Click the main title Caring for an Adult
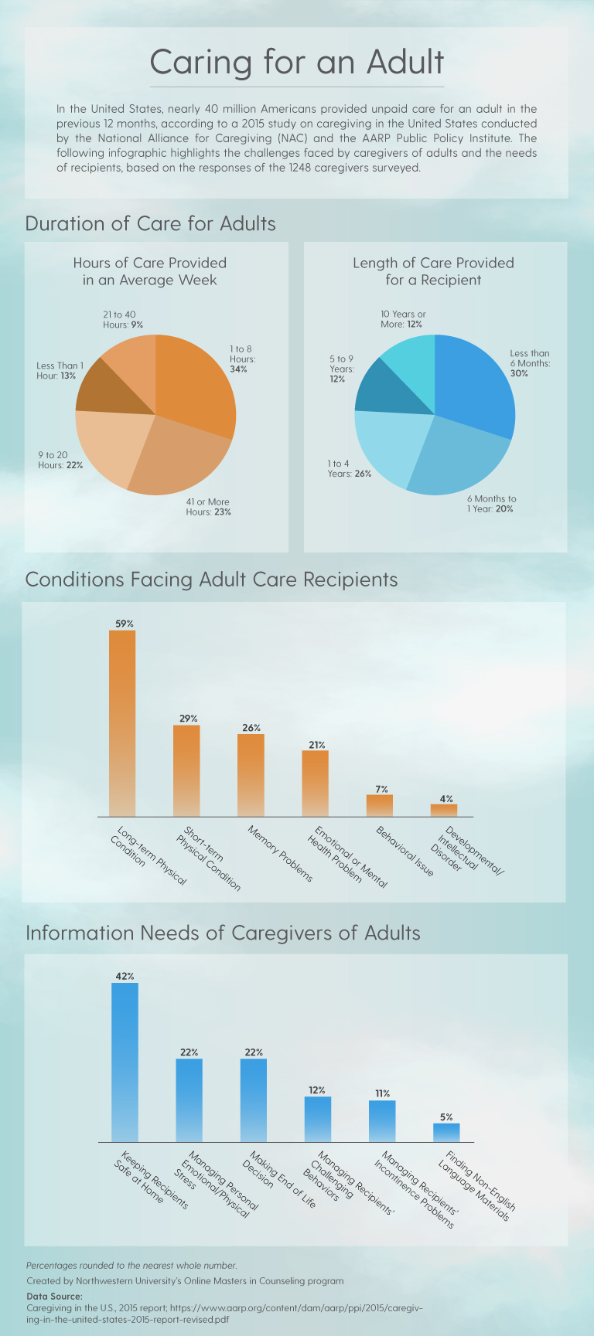point(297,62)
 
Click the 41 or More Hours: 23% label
point(208,507)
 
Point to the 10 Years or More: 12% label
point(402,319)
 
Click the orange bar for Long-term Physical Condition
point(122,723)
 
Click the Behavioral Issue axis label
point(405,851)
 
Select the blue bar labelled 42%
point(125,1062)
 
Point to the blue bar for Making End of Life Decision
point(254,1100)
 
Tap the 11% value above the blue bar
point(382,1093)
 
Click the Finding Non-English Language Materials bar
point(446,1133)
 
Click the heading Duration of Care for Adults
point(151,224)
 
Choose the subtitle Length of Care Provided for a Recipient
point(433,271)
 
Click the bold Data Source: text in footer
point(54,1297)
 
